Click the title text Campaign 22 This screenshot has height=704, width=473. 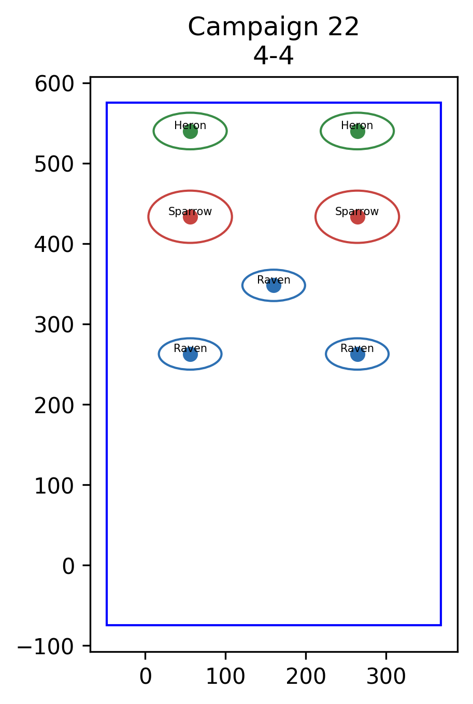(x=273, y=27)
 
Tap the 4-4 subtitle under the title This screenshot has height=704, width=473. (x=273, y=56)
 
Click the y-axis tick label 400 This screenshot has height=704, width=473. (x=54, y=245)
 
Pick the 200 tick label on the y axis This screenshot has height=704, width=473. (x=54, y=405)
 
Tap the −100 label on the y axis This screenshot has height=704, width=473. (x=46, y=646)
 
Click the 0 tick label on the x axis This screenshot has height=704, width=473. (x=146, y=677)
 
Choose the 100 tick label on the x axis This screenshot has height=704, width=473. (x=225, y=677)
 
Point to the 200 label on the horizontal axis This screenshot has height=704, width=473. (x=306, y=677)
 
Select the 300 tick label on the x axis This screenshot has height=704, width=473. (x=386, y=677)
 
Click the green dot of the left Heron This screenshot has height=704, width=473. (x=190, y=131)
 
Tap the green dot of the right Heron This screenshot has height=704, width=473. (x=357, y=131)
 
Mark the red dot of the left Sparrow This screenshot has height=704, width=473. (x=190, y=217)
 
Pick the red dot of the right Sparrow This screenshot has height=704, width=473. (x=357, y=217)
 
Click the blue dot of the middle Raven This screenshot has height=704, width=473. (x=274, y=285)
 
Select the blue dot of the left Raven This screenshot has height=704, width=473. (x=190, y=354)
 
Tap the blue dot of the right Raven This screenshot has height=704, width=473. (x=357, y=354)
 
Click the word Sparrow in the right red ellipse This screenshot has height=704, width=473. (x=357, y=212)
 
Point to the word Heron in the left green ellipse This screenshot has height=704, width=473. (x=190, y=125)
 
